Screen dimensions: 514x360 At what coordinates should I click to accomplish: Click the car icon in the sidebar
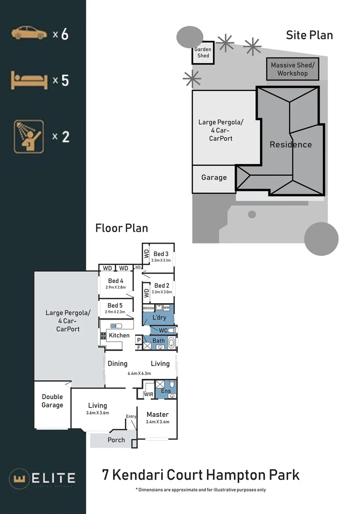pyautogui.click(x=29, y=33)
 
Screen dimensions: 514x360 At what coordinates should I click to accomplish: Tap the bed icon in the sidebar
pyautogui.click(x=29, y=80)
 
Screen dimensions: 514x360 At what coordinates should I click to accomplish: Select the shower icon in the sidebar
pyautogui.click(x=29, y=137)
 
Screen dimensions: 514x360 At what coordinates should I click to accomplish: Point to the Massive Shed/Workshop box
pyautogui.click(x=292, y=69)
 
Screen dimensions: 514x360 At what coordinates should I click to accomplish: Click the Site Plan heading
pyautogui.click(x=309, y=35)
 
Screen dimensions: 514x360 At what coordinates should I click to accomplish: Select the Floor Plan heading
pyautogui.click(x=122, y=228)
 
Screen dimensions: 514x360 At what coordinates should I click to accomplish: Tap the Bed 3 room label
pyautogui.click(x=161, y=254)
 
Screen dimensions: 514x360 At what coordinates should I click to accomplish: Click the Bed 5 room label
pyautogui.click(x=116, y=306)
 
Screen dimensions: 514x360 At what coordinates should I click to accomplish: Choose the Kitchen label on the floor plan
pyautogui.click(x=119, y=335)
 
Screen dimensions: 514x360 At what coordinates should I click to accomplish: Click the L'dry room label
pyautogui.click(x=159, y=317)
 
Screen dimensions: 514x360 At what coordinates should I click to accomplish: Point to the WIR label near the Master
pyautogui.click(x=148, y=394)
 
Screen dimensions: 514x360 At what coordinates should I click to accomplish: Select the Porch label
pyautogui.click(x=116, y=440)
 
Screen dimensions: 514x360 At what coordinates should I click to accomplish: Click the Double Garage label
pyautogui.click(x=52, y=401)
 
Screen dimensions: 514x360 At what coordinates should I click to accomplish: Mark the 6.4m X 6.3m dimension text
pyautogui.click(x=139, y=374)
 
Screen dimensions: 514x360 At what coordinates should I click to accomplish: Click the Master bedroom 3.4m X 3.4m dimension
pyautogui.click(x=157, y=422)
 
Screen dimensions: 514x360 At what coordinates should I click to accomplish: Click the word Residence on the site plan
pyautogui.click(x=291, y=145)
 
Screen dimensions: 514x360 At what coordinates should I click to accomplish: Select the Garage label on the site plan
pyautogui.click(x=214, y=178)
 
